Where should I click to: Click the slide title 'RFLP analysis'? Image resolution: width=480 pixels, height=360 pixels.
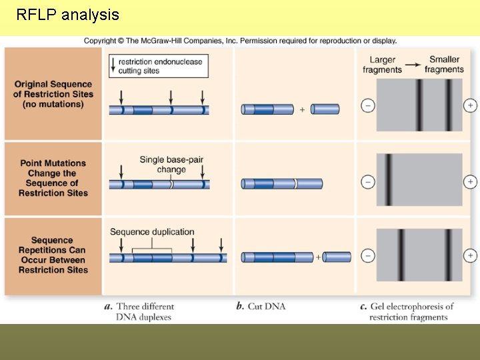click(67, 15)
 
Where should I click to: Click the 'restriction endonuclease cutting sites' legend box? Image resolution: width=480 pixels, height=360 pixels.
click(159, 65)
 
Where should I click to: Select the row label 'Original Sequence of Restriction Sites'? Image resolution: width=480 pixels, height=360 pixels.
click(53, 94)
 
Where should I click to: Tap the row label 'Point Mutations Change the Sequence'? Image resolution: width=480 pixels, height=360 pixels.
click(53, 178)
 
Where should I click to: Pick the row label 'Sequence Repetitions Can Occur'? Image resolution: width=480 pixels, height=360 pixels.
click(53, 255)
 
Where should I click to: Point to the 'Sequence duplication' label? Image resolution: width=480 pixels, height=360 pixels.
click(152, 232)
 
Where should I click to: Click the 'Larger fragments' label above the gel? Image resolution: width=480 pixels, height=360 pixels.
click(382, 65)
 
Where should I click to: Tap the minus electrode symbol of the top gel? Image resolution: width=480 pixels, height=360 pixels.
click(367, 105)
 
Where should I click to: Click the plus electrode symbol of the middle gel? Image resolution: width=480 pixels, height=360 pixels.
click(470, 181)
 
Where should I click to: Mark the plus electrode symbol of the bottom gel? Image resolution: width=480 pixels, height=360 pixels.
click(470, 255)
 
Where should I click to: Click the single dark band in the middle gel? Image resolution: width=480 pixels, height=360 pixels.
click(387, 180)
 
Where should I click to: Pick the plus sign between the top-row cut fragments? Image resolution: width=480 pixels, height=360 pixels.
click(302, 109)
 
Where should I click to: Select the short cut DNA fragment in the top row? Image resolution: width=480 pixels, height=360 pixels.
click(325, 109)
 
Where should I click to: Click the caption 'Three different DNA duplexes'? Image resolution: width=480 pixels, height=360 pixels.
click(144, 311)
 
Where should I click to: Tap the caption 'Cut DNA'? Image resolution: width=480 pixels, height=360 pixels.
click(261, 307)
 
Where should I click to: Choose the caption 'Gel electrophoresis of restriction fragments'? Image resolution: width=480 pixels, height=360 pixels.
click(407, 311)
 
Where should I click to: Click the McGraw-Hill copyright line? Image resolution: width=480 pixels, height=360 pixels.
click(240, 41)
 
